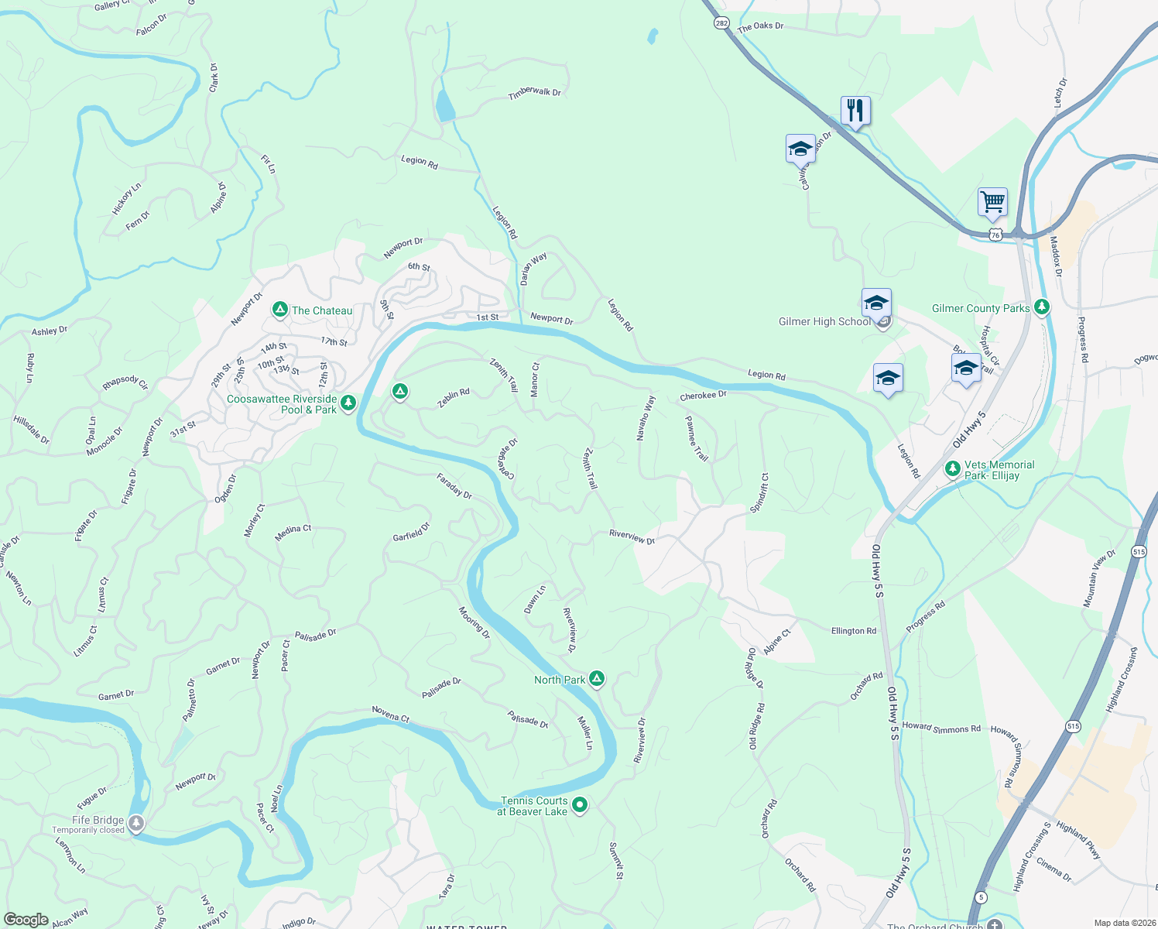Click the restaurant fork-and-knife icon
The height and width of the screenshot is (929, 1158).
pyautogui.click(x=855, y=110)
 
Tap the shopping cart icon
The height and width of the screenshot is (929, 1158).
pyautogui.click(x=992, y=202)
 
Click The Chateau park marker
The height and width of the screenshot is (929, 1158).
pyautogui.click(x=280, y=310)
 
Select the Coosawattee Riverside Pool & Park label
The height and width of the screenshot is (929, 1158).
pyautogui.click(x=282, y=404)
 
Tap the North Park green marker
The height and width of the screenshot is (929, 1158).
pyautogui.click(x=597, y=679)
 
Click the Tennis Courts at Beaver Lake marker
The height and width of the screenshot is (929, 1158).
pyautogui.click(x=580, y=805)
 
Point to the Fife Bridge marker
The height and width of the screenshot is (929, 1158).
pyautogui.click(x=136, y=822)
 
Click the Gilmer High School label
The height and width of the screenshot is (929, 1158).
pyautogui.click(x=824, y=321)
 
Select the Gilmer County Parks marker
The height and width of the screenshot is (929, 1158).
pyautogui.click(x=1042, y=307)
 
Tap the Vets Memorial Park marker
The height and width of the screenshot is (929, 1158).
pyautogui.click(x=953, y=468)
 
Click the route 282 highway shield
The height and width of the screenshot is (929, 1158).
pyautogui.click(x=721, y=23)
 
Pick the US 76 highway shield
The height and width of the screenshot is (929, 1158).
pyautogui.click(x=995, y=234)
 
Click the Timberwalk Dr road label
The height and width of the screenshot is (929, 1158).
pyautogui.click(x=534, y=93)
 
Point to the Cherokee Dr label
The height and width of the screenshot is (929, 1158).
pyautogui.click(x=703, y=396)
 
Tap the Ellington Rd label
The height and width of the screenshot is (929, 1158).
pyautogui.click(x=854, y=631)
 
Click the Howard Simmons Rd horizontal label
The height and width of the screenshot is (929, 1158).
pyautogui.click(x=941, y=728)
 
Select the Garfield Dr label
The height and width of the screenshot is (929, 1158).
pyautogui.click(x=411, y=533)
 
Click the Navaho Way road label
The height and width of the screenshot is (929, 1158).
pyautogui.click(x=646, y=418)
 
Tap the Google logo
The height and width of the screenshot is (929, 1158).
pyautogui.click(x=26, y=919)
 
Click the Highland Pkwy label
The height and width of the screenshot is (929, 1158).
pyautogui.click(x=1078, y=840)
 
